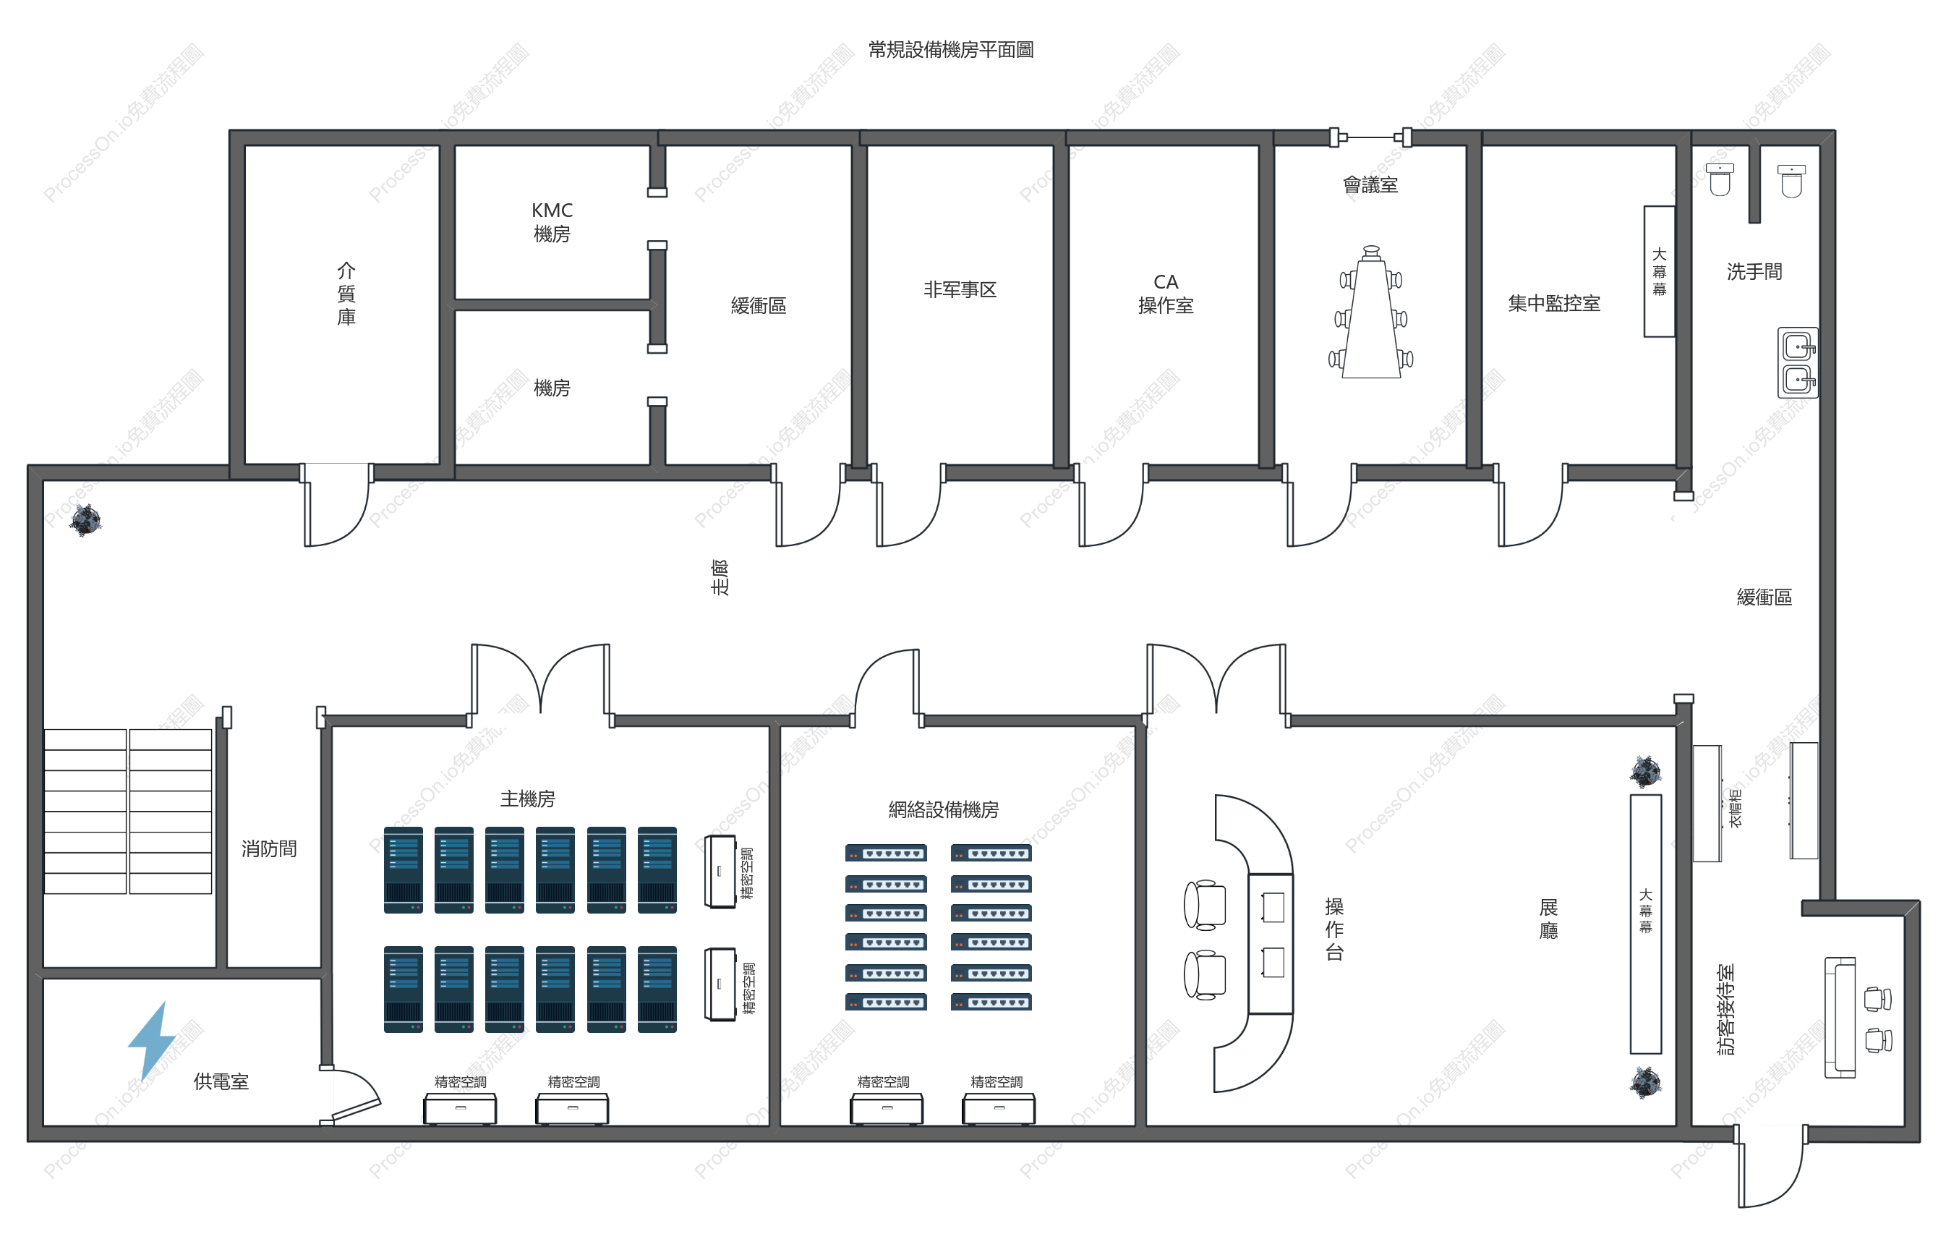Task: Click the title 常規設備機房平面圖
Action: pyautogui.click(x=950, y=50)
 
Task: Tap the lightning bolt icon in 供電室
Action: pyautogui.click(x=152, y=1041)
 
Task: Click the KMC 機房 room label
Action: pyautogui.click(x=552, y=222)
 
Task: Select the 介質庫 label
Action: pyautogui.click(x=346, y=294)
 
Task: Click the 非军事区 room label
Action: pyautogui.click(x=960, y=289)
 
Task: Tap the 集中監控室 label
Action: pyautogui.click(x=1554, y=303)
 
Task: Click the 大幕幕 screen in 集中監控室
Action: pyautogui.click(x=1659, y=271)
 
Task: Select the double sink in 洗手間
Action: pyautogui.click(x=1798, y=362)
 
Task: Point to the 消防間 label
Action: pyautogui.click(x=269, y=848)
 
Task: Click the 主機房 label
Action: pyautogui.click(x=528, y=799)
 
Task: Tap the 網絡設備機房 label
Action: pyautogui.click(x=943, y=809)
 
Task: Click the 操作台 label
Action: pyautogui.click(x=1334, y=929)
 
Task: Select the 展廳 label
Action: pyautogui.click(x=1548, y=919)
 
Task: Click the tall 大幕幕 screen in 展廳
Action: pyautogui.click(x=1645, y=924)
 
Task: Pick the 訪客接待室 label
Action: pyautogui.click(x=1725, y=1009)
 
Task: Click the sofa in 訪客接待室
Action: pyautogui.click(x=1840, y=1018)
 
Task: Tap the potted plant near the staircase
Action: pyautogui.click(x=85, y=519)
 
